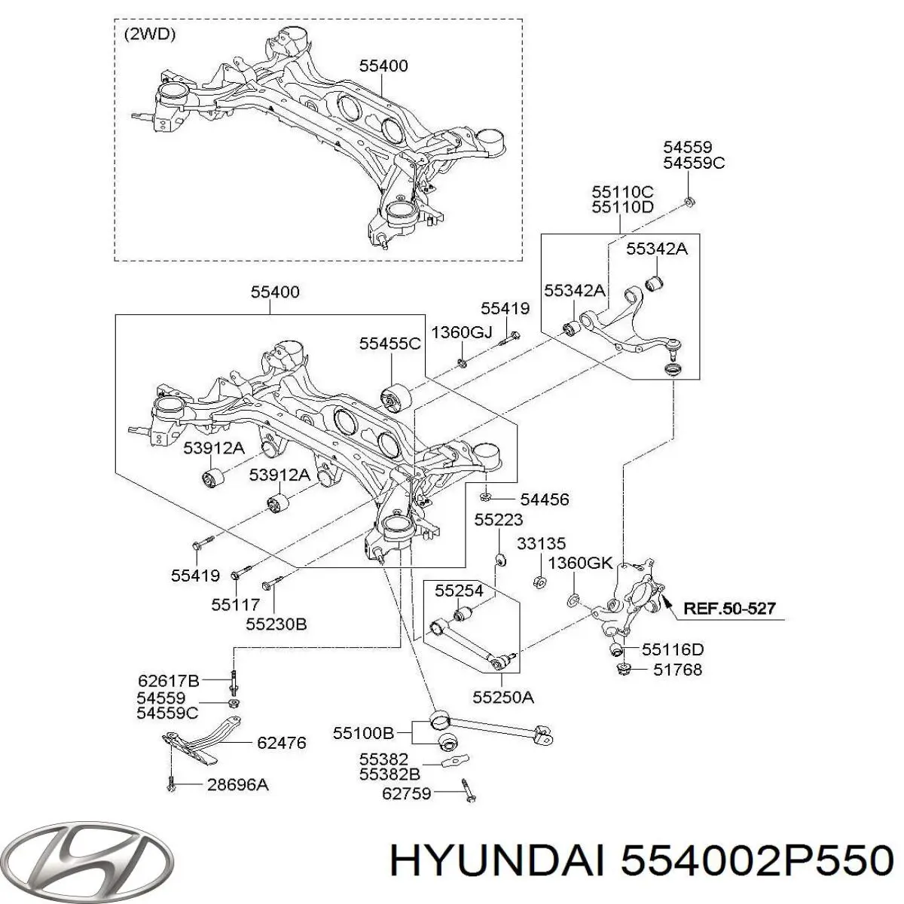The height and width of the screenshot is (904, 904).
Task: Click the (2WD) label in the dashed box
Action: tap(148, 35)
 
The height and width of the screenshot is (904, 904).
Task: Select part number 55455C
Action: tap(389, 344)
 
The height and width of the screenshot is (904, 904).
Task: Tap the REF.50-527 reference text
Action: tap(729, 608)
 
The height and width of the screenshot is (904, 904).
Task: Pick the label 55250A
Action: tap(503, 698)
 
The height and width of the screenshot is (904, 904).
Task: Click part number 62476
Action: tap(281, 743)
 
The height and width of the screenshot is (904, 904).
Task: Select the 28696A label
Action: tap(237, 785)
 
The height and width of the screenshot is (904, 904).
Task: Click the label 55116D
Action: tap(673, 649)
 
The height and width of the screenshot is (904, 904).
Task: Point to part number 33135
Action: tap(541, 543)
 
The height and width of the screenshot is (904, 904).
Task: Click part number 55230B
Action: tap(276, 624)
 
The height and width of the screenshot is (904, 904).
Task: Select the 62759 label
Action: tap(407, 793)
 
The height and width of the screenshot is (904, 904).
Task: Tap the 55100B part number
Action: tap(364, 731)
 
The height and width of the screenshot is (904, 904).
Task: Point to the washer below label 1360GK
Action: tap(573, 600)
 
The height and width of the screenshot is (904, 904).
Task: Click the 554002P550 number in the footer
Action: tap(758, 859)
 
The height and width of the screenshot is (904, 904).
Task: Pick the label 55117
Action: tap(235, 604)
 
